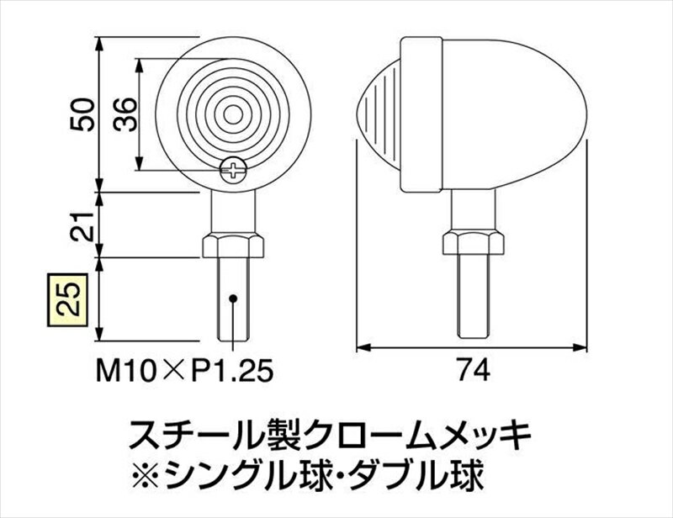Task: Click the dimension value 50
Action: coord(82,114)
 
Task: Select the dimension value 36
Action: coord(125,114)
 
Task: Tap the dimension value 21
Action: coord(82,226)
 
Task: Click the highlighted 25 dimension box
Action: coord(67,299)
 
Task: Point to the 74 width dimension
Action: coord(472,370)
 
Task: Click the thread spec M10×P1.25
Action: coord(184,370)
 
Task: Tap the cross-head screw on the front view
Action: coord(233,171)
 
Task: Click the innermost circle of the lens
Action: coord(233,114)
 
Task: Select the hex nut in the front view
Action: coord(233,246)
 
